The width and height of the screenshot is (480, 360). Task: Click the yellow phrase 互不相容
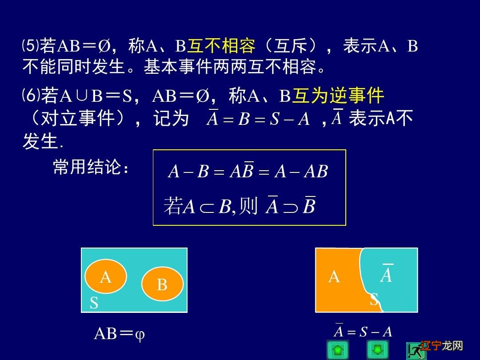[221, 46]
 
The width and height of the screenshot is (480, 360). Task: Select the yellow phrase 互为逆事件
[338, 96]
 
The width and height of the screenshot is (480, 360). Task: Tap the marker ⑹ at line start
[31, 95]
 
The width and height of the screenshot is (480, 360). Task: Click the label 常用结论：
[91, 168]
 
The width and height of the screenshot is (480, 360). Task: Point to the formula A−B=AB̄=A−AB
[248, 172]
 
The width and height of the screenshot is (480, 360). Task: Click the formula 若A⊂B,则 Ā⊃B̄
[240, 206]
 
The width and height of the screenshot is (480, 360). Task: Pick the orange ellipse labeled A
[106, 276]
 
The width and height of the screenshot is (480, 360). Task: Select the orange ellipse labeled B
[162, 284]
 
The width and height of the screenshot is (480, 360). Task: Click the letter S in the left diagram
[94, 303]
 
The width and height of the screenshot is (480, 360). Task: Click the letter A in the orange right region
[334, 277]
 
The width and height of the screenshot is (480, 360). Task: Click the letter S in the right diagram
[374, 300]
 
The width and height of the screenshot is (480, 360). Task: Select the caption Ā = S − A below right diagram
[363, 332]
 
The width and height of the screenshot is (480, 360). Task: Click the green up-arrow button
[338, 350]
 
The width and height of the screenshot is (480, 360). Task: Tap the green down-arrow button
[377, 350]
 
